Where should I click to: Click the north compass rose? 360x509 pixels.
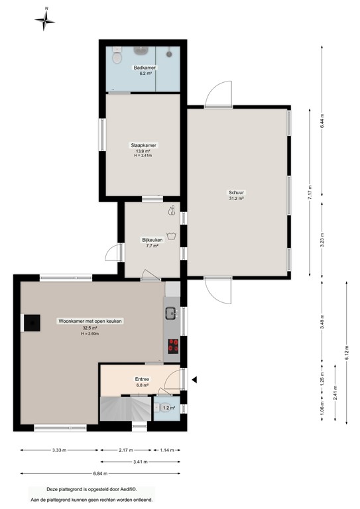click(x=45, y=21)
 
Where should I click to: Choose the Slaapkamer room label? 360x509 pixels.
click(x=143, y=149)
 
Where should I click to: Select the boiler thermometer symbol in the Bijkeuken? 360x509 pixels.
click(x=172, y=211)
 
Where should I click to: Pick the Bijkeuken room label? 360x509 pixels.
click(x=152, y=242)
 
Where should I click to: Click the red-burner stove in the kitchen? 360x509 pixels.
click(x=172, y=345)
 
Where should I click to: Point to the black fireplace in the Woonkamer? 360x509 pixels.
click(x=31, y=323)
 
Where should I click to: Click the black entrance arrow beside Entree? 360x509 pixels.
click(x=195, y=380)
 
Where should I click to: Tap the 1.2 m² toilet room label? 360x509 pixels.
click(x=168, y=408)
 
